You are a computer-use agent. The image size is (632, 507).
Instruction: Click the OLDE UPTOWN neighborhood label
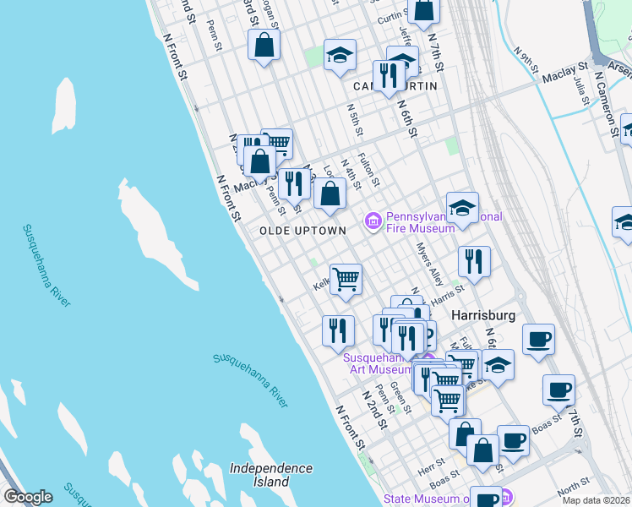302,231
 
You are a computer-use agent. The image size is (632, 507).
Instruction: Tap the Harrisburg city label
483,314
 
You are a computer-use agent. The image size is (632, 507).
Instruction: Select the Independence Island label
270,475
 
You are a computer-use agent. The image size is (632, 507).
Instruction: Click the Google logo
28,497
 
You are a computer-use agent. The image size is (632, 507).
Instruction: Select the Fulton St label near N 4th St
367,169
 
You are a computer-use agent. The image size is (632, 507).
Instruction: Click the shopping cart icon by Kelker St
346,278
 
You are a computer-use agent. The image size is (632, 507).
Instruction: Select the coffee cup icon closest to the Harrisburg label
538,340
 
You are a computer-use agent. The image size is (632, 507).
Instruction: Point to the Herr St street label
432,466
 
